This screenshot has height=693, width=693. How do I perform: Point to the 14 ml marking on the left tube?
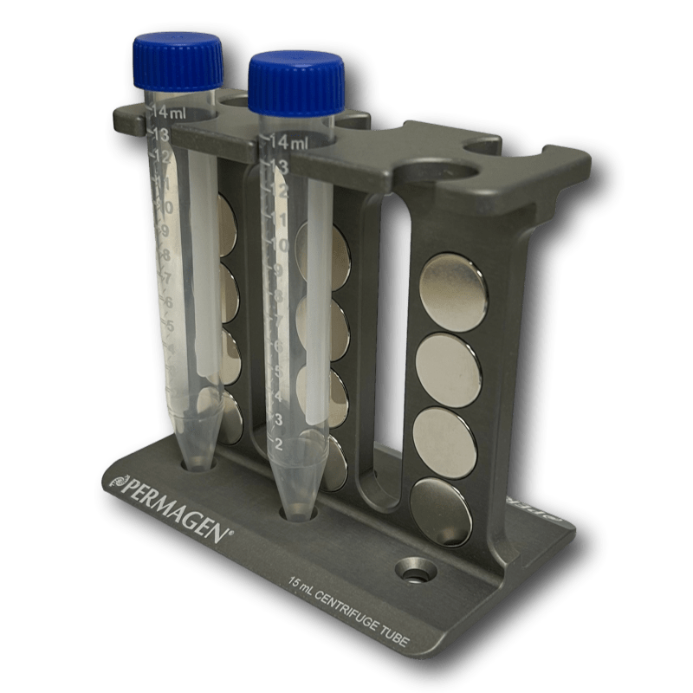(x=169, y=113)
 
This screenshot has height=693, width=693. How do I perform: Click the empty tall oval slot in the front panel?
(x=380, y=346)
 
